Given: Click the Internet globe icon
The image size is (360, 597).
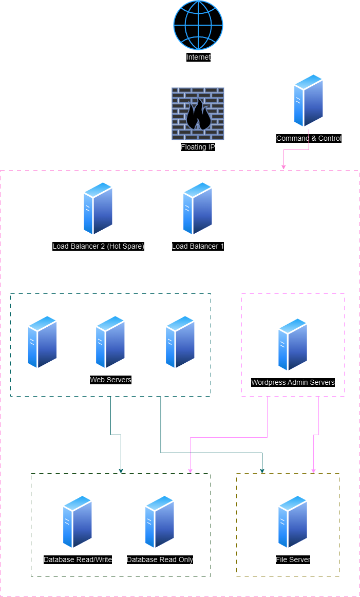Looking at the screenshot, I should click(x=198, y=25).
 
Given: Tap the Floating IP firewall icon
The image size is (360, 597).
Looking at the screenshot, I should click(x=198, y=114).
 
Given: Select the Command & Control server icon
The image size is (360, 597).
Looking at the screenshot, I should click(x=309, y=101).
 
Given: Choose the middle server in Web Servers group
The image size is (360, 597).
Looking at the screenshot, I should click(x=110, y=342).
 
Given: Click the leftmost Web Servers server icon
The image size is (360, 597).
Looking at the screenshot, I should click(x=43, y=342).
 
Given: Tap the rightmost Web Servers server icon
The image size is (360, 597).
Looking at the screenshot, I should click(x=180, y=342).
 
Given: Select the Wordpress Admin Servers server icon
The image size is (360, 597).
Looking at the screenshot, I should click(x=293, y=344).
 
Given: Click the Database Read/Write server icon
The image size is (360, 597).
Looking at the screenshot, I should click(x=78, y=522).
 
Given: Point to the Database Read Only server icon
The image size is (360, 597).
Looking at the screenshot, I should click(x=160, y=522).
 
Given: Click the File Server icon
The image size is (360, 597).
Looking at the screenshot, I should click(x=293, y=522).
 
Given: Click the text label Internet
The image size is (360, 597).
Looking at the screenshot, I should click(x=198, y=57).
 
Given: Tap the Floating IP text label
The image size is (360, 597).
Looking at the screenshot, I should click(x=198, y=147).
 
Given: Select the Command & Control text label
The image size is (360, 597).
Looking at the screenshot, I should click(x=309, y=138).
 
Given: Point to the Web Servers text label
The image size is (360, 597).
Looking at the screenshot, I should click(x=110, y=380).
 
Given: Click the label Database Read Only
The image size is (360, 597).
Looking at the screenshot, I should click(x=160, y=559).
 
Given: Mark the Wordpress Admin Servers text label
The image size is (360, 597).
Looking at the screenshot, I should click(x=293, y=382).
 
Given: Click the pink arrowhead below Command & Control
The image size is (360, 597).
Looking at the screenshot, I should click(x=283, y=166).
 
